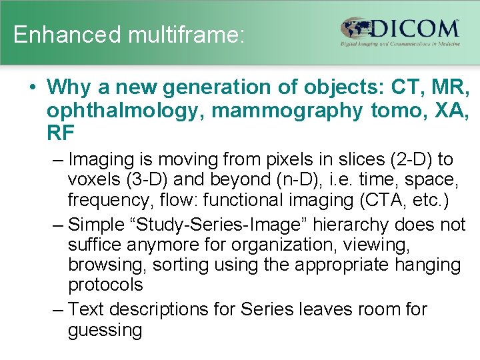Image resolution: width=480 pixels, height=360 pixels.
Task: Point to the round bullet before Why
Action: (x=31, y=87)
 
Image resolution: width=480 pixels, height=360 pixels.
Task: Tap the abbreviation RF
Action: (x=61, y=134)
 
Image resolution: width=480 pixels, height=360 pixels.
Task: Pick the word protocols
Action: (x=105, y=285)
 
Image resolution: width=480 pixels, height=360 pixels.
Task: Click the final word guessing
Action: (x=105, y=329)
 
